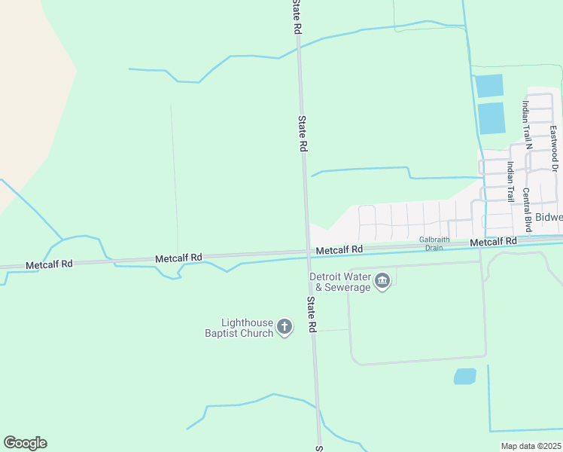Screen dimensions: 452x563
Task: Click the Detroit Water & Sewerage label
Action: pyautogui.click(x=340, y=282)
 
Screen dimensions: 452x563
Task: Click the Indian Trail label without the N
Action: pyautogui.click(x=510, y=182)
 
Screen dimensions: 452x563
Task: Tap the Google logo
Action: pyautogui.click(x=25, y=443)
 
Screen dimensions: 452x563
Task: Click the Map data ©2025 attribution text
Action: pyautogui.click(x=531, y=446)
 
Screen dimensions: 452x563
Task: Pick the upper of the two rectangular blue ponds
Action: pyautogui.click(x=489, y=85)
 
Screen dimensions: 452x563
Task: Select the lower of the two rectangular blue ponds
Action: pyautogui.click(x=491, y=118)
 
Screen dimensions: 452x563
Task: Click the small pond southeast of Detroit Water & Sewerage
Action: pyautogui.click(x=465, y=376)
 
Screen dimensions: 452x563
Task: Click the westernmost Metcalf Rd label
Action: pyautogui.click(x=49, y=265)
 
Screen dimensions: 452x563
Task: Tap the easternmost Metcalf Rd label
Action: pyautogui.click(x=494, y=242)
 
